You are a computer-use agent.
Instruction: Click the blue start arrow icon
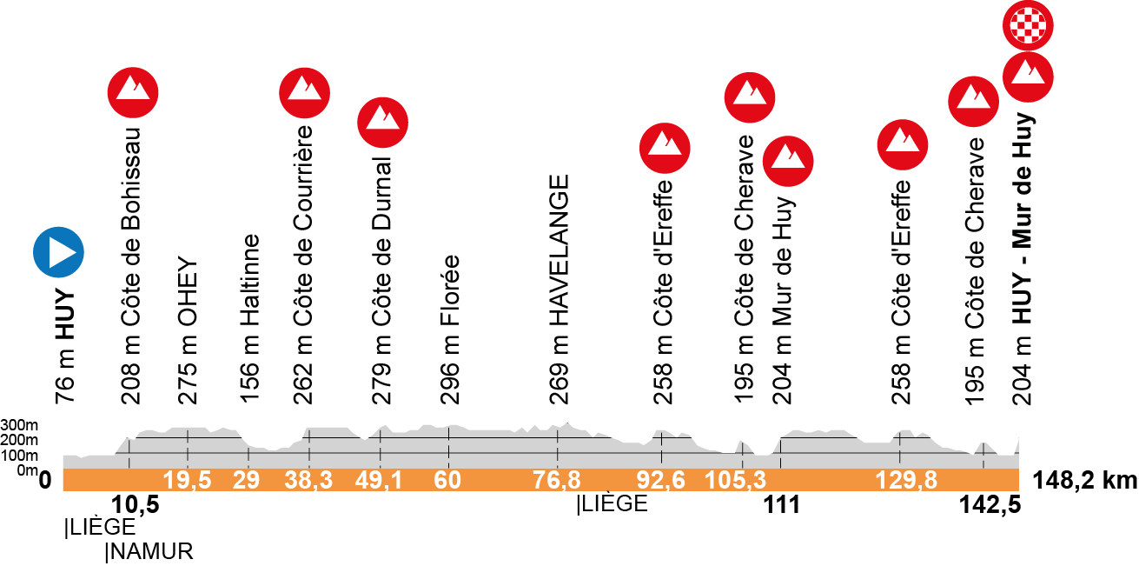pos(58,253)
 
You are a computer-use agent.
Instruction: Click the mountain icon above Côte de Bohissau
pos(134,90)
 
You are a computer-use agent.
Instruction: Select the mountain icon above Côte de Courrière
pos(305,90)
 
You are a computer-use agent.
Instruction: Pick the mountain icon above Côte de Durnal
pos(383,123)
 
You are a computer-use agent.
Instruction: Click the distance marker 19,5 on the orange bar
pos(187,480)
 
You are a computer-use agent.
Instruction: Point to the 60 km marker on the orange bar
pos(447,480)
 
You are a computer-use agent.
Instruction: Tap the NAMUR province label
pos(149,550)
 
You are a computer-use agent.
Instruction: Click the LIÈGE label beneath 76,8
pos(612,504)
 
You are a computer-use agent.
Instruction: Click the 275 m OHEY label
pos(188,331)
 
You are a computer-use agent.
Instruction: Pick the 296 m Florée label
pos(449,330)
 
